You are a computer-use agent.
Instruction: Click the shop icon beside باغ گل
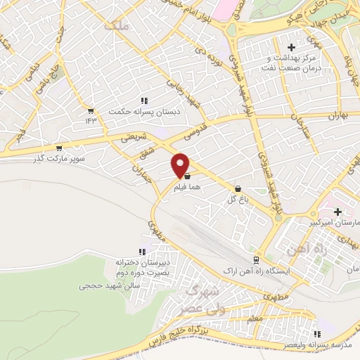[238, 188]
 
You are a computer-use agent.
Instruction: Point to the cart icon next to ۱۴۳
[90, 110]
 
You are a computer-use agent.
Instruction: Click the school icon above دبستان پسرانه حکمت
[145, 101]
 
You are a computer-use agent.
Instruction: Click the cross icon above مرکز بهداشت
[291, 46]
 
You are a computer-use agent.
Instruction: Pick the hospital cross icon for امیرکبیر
[338, 211]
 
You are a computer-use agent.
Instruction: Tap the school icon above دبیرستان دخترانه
[142, 251]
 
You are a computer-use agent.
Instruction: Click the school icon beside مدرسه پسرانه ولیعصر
[317, 334]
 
